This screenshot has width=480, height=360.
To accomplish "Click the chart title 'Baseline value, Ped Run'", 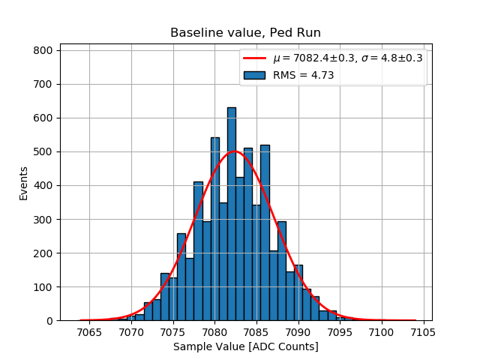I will point(245,33).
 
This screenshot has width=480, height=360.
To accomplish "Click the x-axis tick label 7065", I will point(90,332).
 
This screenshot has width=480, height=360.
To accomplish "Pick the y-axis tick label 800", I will point(43,50).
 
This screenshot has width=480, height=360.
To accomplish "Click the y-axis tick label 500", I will point(43,151).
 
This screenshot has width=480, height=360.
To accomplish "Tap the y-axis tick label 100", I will point(43,287).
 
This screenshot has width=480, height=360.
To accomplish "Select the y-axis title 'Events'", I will point(24,183).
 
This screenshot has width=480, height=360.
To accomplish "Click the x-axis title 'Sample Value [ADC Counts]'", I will point(245,346).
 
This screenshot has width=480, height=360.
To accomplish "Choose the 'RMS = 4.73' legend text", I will point(303,75).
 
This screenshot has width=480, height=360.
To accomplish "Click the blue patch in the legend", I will point(255,75).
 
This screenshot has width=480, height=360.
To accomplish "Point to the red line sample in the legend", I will point(255,58).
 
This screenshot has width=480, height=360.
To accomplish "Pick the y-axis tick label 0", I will point(49,321).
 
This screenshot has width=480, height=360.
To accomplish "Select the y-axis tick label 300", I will point(43,220).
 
